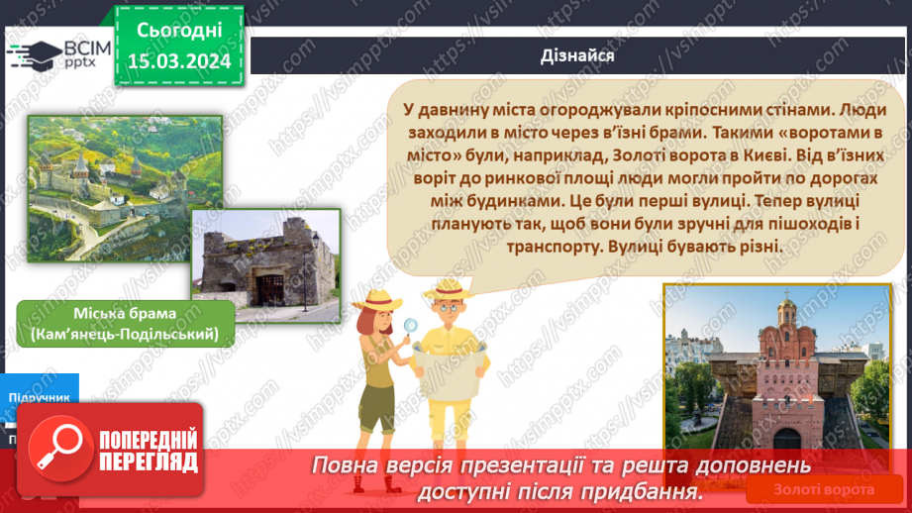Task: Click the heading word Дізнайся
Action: click(578, 55)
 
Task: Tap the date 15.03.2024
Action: click(178, 62)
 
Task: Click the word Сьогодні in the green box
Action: click(178, 32)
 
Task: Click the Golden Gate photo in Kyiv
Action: click(781, 376)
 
